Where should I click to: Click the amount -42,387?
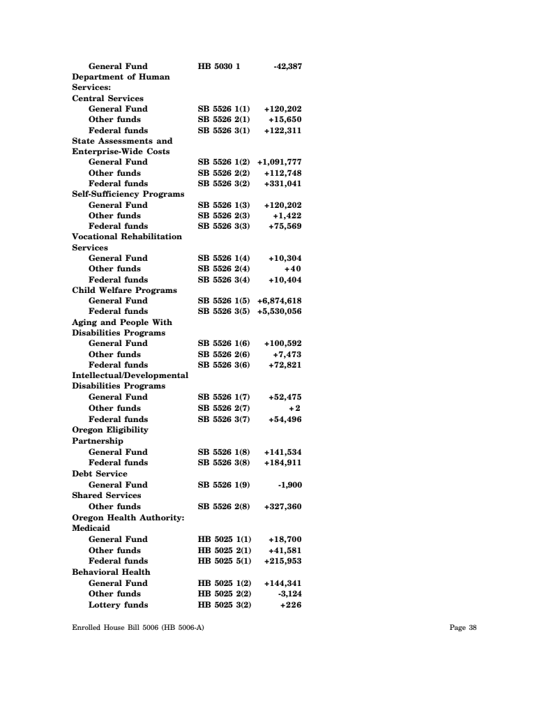tap(287, 66)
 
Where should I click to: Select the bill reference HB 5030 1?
tap(219, 66)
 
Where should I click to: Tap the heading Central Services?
tap(108, 98)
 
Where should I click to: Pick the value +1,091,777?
tap(279, 162)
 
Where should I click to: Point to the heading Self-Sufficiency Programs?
tap(128, 194)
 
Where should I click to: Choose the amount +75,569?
tap(285, 226)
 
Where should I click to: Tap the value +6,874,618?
tap(279, 301)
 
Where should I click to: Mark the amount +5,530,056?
tap(279, 311)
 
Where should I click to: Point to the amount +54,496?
tap(285, 419)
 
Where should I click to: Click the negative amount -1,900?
tap(289, 484)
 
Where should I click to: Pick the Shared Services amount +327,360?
tap(282, 506)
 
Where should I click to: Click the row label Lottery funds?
tap(118, 605)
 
